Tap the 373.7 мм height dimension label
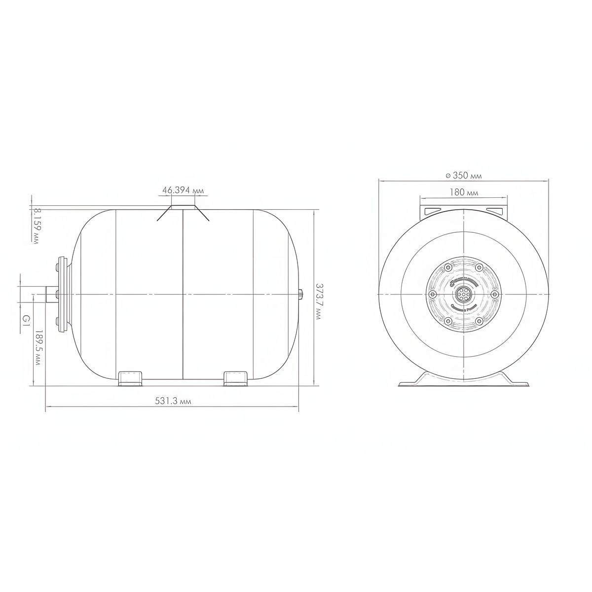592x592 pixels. [318, 302]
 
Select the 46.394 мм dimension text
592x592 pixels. [183, 190]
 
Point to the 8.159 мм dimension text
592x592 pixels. [36, 226]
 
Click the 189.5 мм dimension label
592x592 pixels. [37, 348]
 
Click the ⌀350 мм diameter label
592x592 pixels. [464, 176]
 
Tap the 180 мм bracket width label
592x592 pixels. [464, 192]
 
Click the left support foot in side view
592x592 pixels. [130, 378]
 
